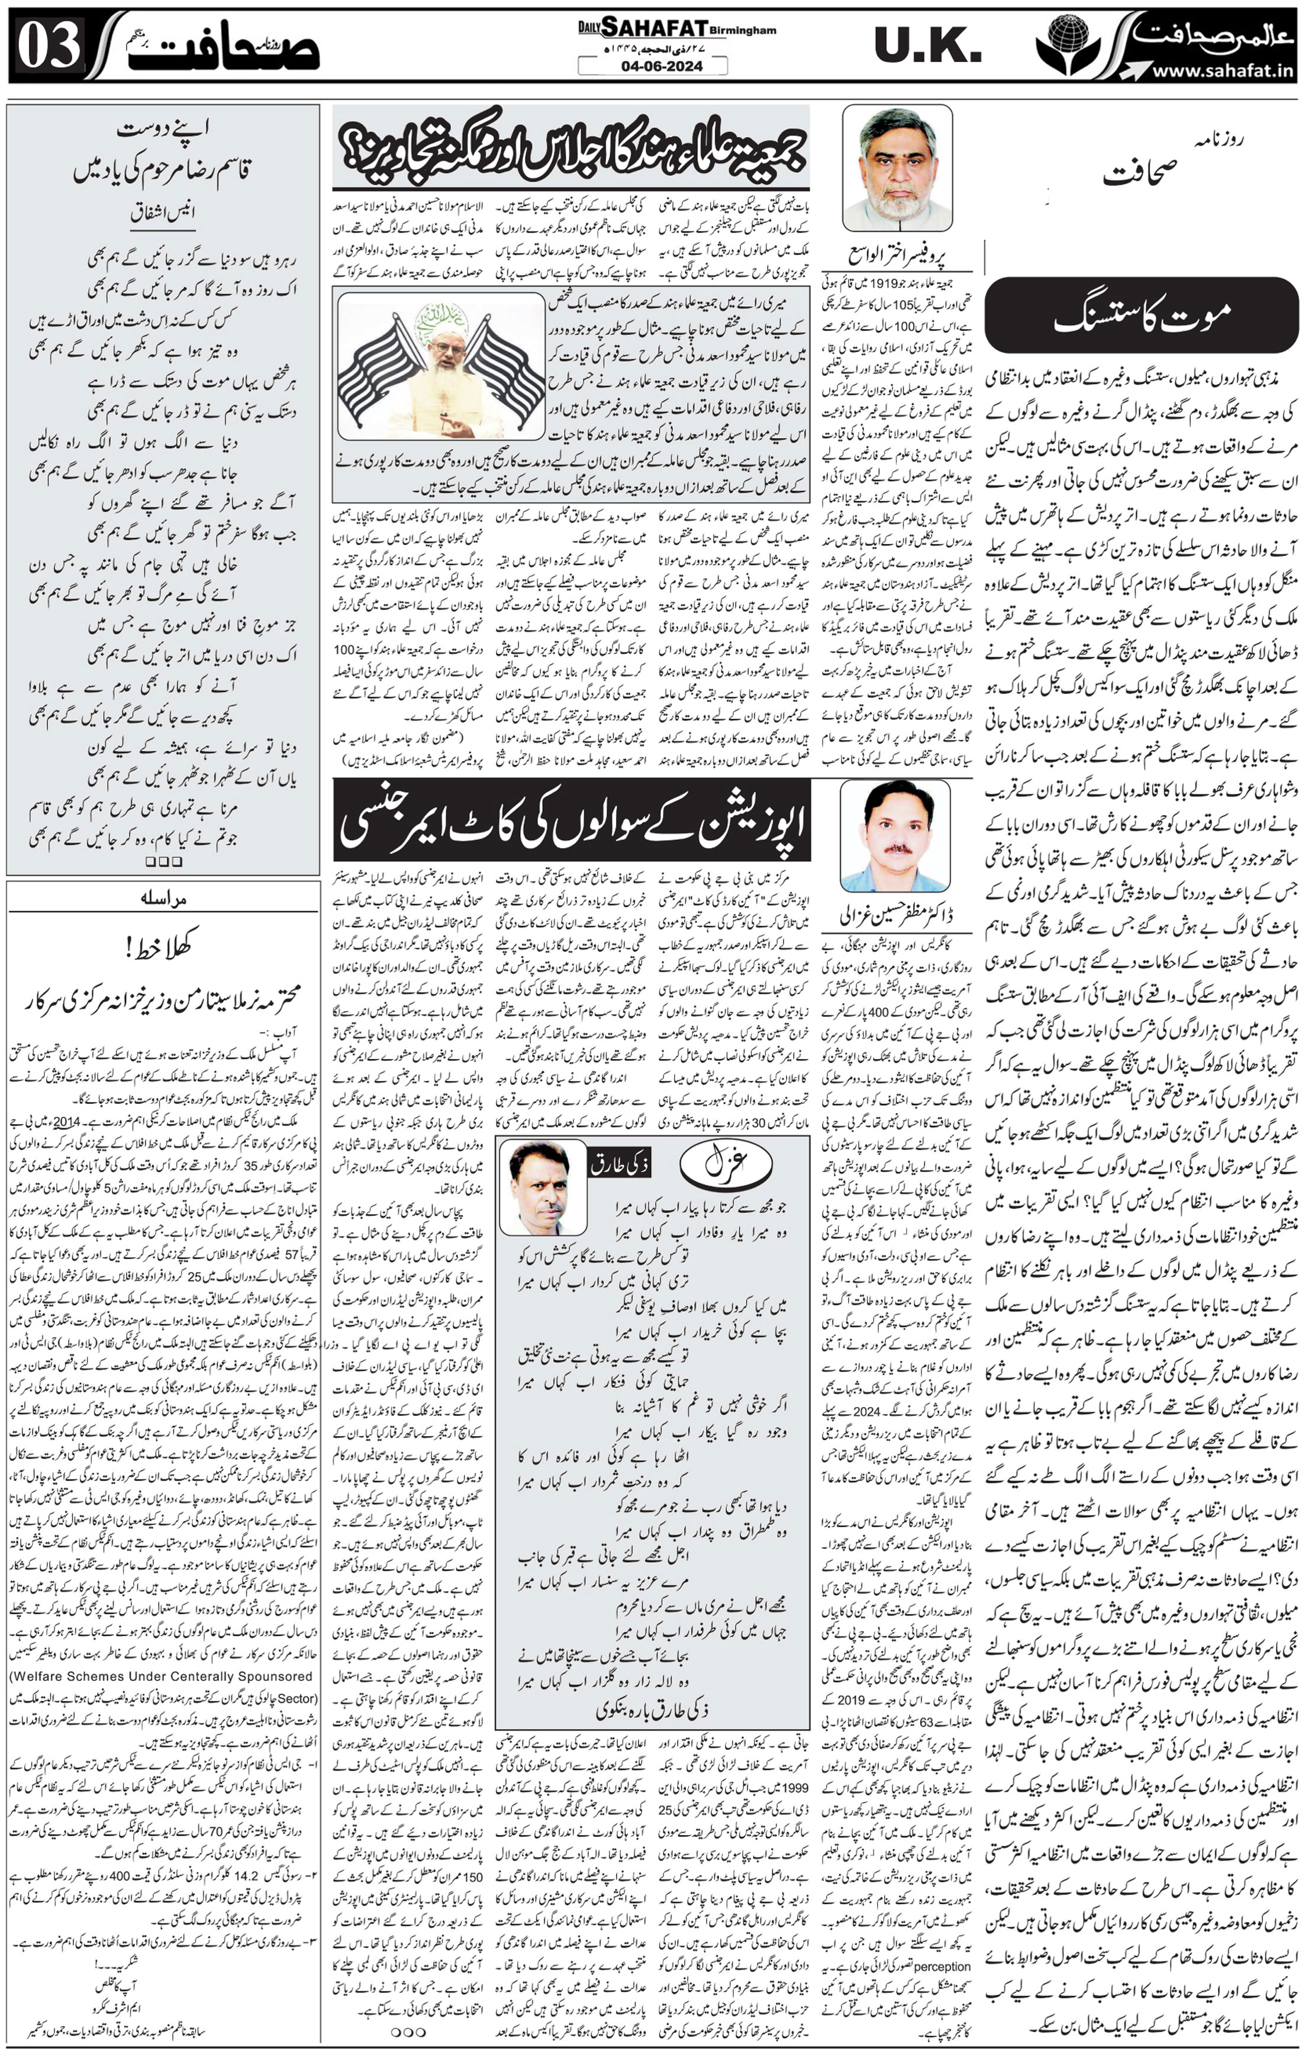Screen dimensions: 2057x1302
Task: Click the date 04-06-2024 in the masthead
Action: pyautogui.click(x=651, y=66)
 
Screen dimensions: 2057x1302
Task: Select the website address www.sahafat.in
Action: pyautogui.click(x=1223, y=72)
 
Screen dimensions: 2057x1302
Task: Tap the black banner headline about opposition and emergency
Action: pyautogui.click(x=571, y=819)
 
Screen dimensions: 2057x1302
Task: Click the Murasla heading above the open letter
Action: pyautogui.click(x=162, y=899)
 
